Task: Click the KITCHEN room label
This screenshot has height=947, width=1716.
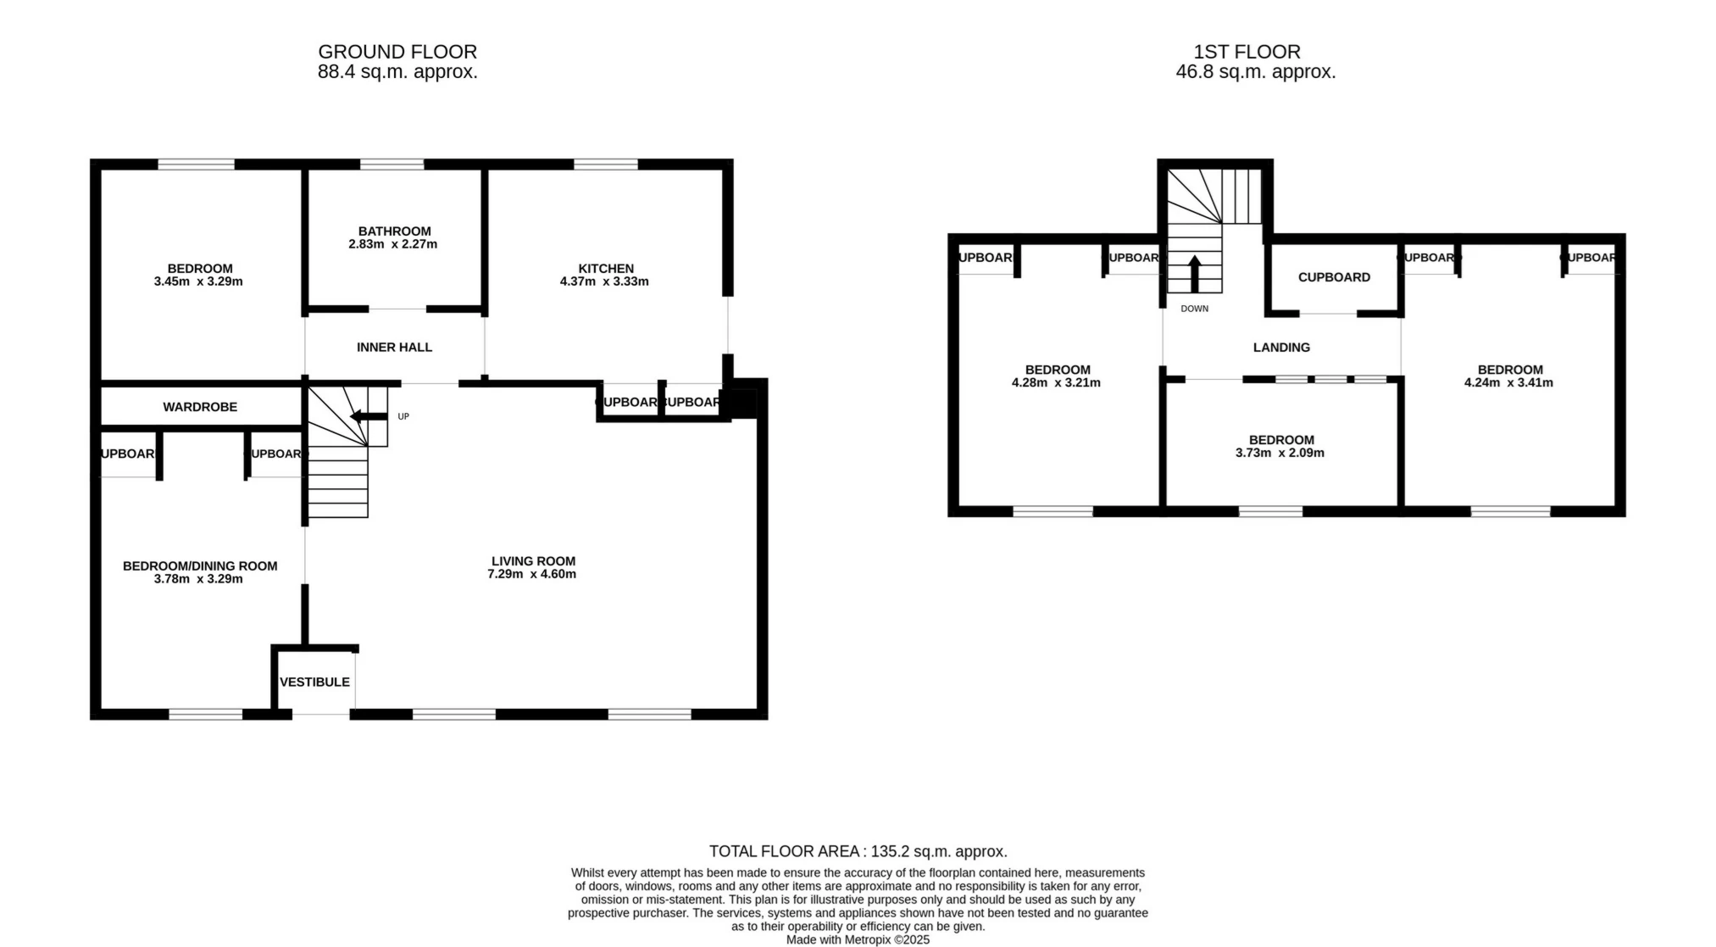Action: coord(605,268)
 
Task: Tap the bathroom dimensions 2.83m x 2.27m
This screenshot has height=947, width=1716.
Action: coord(392,244)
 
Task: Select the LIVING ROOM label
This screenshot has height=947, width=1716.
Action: coord(533,560)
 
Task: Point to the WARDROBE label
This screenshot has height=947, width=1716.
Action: coord(200,407)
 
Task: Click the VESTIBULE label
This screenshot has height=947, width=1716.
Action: coord(314,682)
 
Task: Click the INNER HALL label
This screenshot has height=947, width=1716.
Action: coord(394,347)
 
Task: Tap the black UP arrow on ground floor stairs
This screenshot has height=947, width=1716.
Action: coord(369,415)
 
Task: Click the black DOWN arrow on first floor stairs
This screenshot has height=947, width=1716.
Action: coord(1195,273)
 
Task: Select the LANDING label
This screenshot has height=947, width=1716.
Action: coord(1281,347)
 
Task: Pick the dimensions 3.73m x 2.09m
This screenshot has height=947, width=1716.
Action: coord(1280,453)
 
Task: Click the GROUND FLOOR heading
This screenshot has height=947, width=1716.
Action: coord(397,52)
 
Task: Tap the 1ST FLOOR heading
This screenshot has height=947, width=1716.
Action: coord(1247,52)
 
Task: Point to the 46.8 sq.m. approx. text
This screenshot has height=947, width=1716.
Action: coord(1255,72)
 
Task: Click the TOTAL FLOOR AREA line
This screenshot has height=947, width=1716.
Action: coord(858,851)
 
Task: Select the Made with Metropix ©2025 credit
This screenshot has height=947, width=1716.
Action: coord(858,939)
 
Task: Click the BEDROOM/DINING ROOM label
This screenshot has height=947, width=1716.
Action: coord(200,565)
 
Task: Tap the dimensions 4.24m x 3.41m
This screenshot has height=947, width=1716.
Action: coord(1508,382)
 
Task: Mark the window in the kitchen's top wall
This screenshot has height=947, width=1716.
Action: coord(605,164)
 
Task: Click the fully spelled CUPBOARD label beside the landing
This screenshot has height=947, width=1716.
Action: coord(1334,277)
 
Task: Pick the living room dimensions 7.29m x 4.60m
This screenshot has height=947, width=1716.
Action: coord(531,574)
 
